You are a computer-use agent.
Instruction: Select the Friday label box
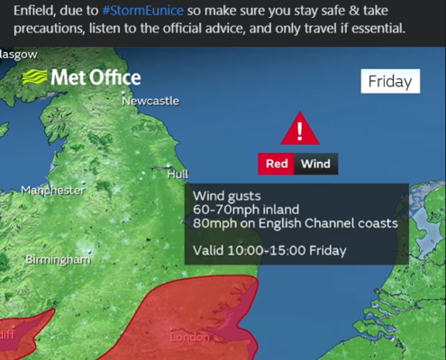pos(390,81)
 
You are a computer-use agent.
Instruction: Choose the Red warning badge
pos(277,164)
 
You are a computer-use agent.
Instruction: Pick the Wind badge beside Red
pos(315,164)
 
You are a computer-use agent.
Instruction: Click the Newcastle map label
pos(150,102)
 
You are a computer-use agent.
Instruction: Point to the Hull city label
pos(177,175)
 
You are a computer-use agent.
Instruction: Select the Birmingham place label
pos(58,259)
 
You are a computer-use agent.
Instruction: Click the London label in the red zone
pos(190,337)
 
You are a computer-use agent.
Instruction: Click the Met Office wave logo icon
pos(36,76)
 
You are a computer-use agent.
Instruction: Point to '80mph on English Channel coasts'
pos(295,223)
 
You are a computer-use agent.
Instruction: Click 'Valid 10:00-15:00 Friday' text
pos(269,250)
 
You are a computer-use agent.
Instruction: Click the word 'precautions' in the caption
pos(50,28)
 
